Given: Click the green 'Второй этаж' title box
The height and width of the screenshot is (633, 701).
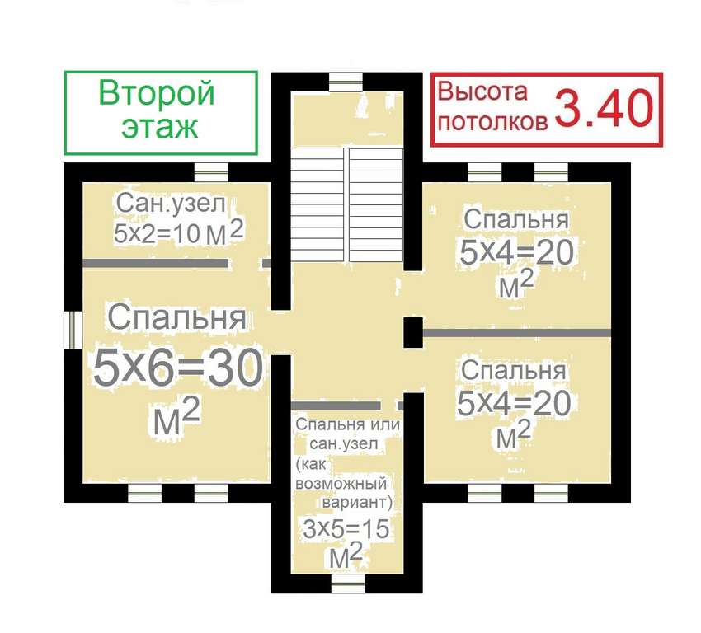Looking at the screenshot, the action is coord(161,113).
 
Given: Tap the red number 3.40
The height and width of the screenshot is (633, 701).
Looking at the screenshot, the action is coord(604,109).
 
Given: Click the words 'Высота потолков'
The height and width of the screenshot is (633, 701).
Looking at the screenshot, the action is coord(492,106).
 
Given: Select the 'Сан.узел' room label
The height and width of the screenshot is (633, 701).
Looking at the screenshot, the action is coord(171,204).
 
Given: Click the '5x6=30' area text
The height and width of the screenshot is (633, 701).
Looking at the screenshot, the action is coord(178,368).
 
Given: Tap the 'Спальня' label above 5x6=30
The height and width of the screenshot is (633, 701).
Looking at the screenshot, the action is coord(177,317).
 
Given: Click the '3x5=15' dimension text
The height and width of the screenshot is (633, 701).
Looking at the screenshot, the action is coord(346,529).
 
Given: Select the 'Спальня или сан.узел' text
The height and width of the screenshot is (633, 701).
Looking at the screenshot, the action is coord(347,434).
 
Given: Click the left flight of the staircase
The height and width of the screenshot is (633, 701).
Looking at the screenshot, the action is coord(317,205).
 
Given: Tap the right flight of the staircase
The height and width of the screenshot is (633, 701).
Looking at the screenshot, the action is coord(376,205).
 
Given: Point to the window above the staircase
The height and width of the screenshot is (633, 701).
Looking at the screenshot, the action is coord(346,82).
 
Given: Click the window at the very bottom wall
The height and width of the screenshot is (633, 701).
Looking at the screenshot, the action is coord(348,584).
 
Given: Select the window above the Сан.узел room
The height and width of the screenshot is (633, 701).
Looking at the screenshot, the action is coord(211,172).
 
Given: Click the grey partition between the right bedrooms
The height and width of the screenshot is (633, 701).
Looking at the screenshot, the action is coord(517,333).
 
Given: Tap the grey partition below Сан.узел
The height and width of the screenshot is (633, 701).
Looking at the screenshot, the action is coord(156,264).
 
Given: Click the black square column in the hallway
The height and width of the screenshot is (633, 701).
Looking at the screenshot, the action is coord(413,332).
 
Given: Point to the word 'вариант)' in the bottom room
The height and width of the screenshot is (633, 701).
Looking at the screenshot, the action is coord(357,503).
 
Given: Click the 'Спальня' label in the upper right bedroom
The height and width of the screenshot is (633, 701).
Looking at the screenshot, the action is coord(516,219).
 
